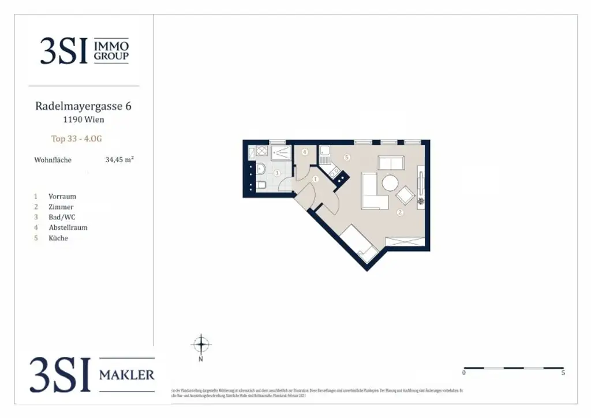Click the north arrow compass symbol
click(x=201, y=345)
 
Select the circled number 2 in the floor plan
click(x=400, y=212)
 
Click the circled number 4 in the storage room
click(x=304, y=152)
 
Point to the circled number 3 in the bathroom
click(x=277, y=173)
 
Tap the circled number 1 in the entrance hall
click(x=315, y=180)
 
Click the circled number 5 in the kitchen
click(x=346, y=157)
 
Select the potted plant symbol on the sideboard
click(x=421, y=201)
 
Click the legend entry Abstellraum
click(x=68, y=227)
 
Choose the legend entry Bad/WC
click(x=62, y=217)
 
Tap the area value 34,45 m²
click(x=119, y=160)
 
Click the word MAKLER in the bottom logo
click(x=126, y=375)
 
